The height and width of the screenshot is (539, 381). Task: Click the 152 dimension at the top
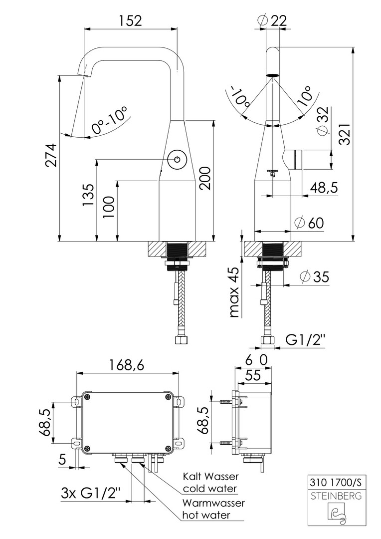[131, 20]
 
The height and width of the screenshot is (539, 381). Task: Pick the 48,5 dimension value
[324, 188]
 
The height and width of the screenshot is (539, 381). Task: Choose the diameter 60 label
[309, 223]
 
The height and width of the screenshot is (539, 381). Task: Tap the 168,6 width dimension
[127, 365]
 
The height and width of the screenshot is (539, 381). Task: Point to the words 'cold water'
[209, 489]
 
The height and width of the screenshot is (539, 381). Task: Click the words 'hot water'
[206, 515]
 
